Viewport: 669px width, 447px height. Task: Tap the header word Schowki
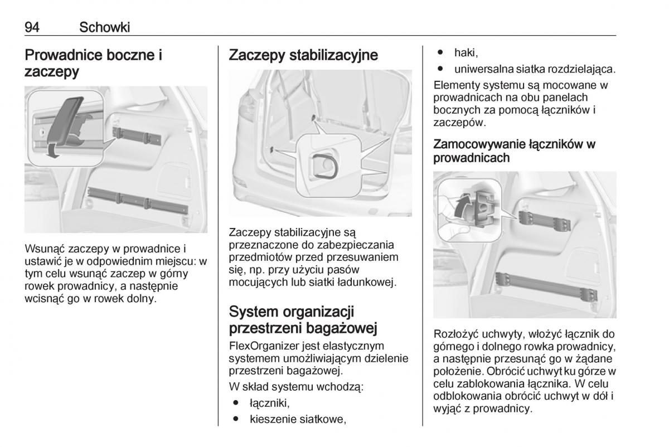pos(105,26)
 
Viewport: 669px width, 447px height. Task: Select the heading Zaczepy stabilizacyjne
pos(303,55)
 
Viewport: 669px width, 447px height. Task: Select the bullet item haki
pos(466,52)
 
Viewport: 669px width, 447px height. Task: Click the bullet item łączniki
pos(269,402)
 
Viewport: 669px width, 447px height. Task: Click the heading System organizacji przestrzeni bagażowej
pos(303,319)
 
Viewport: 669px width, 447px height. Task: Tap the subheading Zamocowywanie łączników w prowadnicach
pos(514,151)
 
